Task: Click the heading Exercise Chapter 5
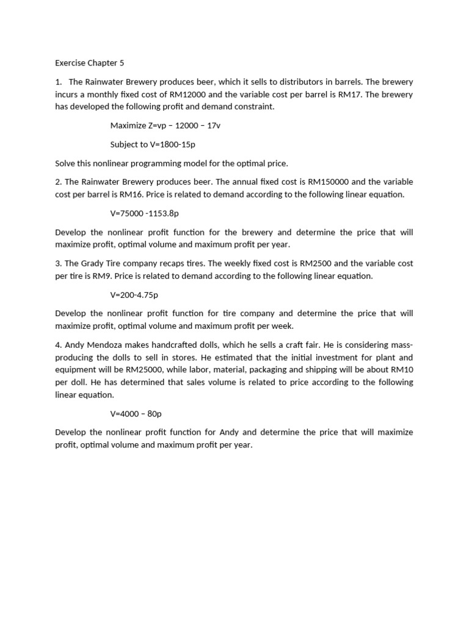89,62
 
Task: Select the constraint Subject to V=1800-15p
153,144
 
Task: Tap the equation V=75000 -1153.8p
144,213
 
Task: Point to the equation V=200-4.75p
134,295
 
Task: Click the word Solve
66,163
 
